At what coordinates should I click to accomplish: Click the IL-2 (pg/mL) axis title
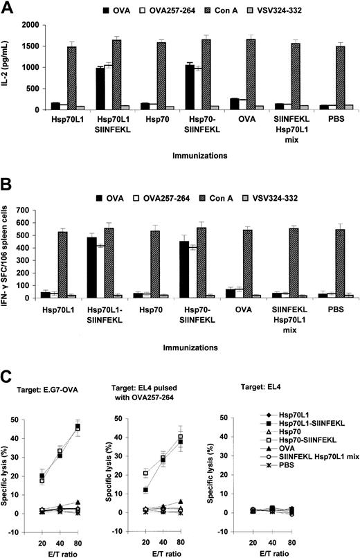pyautogui.click(x=8, y=67)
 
